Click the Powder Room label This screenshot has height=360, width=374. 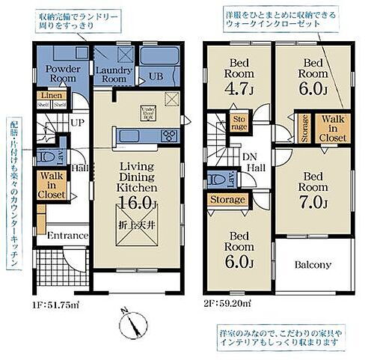pyautogui.click(x=63, y=73)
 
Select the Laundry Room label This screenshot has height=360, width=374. pyautogui.click(x=114, y=73)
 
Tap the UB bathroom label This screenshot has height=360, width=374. pyautogui.click(x=156, y=76)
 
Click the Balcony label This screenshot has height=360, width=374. pyautogui.click(x=313, y=266)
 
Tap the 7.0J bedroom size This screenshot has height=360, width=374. pyautogui.click(x=313, y=203)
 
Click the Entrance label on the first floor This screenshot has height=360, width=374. pyautogui.click(x=67, y=235)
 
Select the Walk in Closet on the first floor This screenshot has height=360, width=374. pyautogui.click(x=52, y=185)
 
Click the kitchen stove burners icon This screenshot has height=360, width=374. pyautogui.click(x=169, y=135)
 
